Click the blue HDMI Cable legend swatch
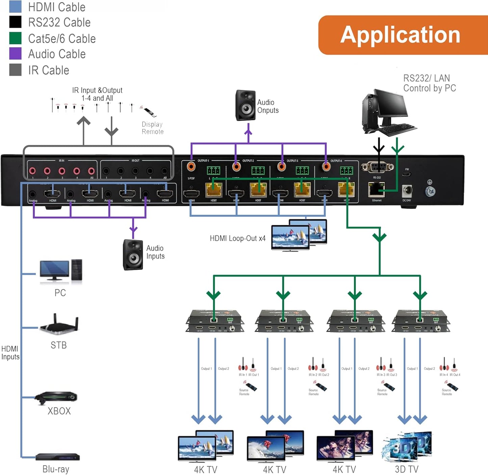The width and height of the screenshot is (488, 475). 15,6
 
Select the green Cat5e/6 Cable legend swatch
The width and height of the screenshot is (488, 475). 15,38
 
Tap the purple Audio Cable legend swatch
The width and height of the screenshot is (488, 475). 15,54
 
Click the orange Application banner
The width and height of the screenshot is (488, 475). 402,35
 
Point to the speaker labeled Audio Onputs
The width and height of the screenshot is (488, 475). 246,105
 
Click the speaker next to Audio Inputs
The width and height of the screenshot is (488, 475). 133,255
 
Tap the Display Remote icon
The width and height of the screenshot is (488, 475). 149,111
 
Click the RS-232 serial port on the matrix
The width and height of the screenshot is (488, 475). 377,167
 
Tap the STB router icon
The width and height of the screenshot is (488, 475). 59,325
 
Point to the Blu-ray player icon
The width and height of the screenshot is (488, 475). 58,457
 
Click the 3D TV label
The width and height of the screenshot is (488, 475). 407,469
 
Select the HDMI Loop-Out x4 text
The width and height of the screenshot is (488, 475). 237,238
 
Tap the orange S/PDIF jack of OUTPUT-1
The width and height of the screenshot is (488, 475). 191,166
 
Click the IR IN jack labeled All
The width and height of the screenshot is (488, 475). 91,171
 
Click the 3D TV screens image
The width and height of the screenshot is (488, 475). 407,446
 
